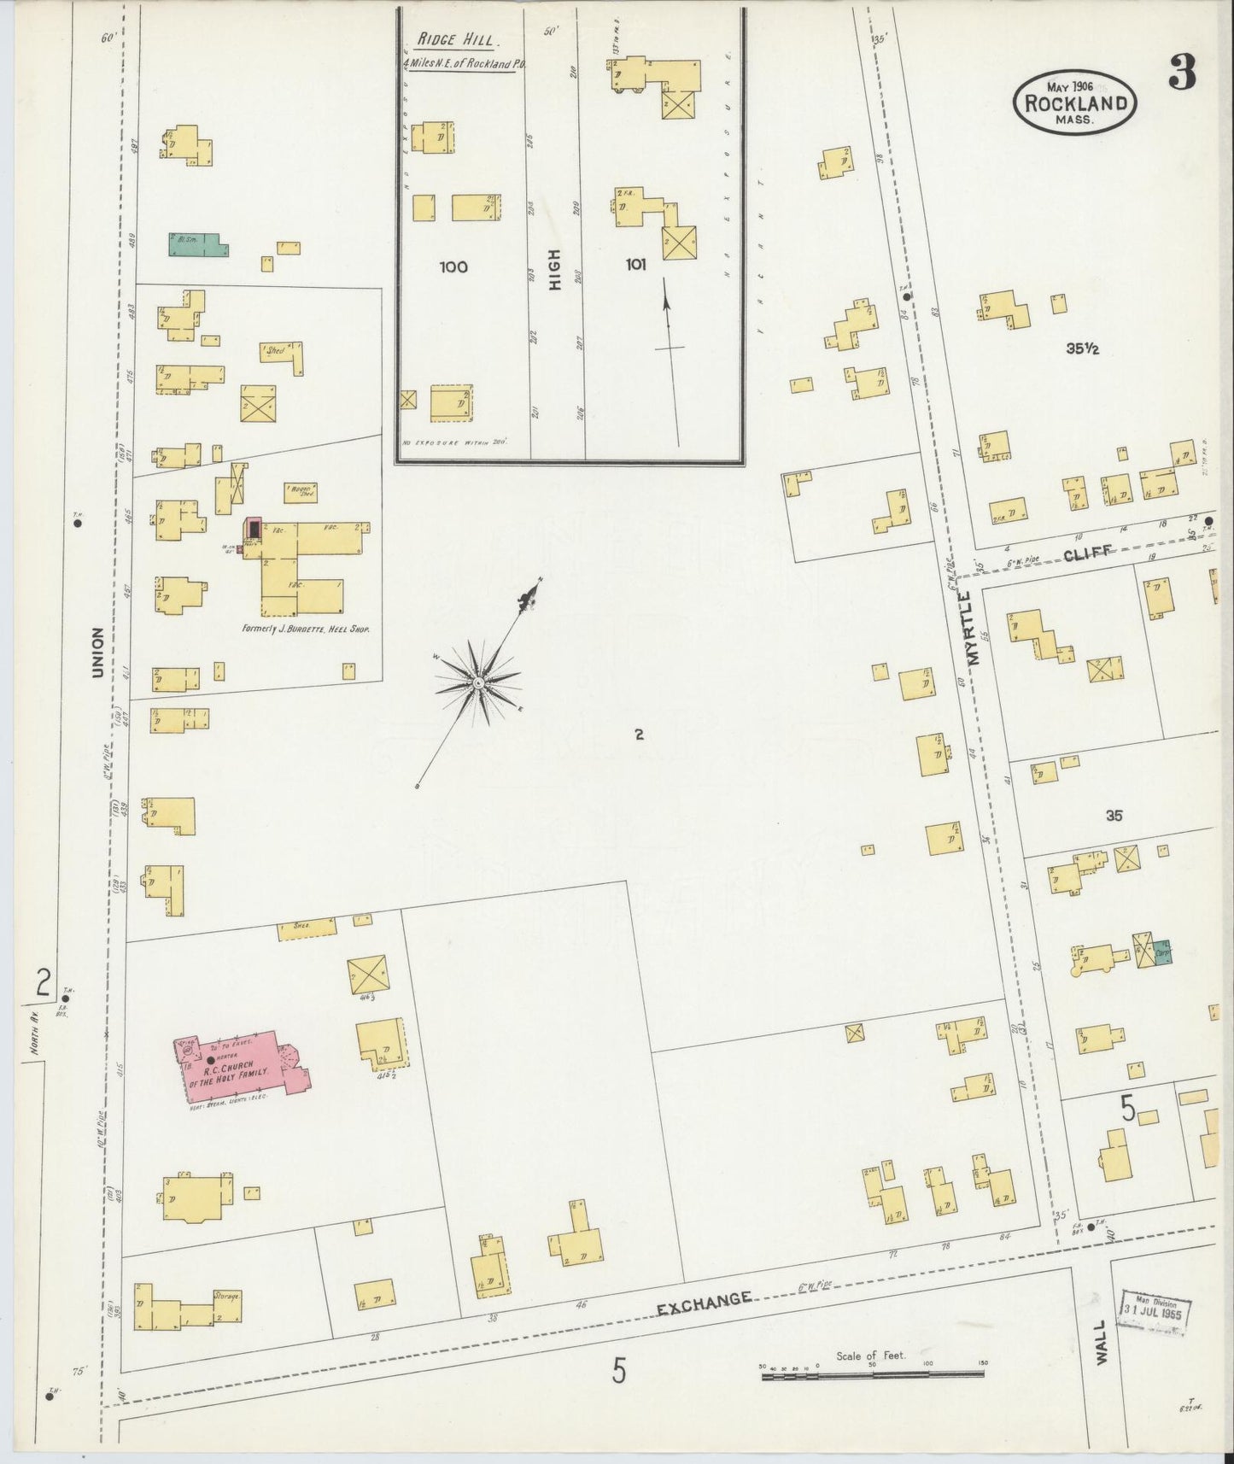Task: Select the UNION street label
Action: click(x=98, y=653)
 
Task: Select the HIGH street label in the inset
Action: click(x=556, y=270)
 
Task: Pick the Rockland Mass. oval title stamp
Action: click(x=1075, y=100)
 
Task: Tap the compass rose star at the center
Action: click(x=478, y=683)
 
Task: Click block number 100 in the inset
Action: click(x=453, y=267)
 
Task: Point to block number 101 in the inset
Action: click(x=635, y=265)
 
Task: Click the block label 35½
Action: click(x=1081, y=348)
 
